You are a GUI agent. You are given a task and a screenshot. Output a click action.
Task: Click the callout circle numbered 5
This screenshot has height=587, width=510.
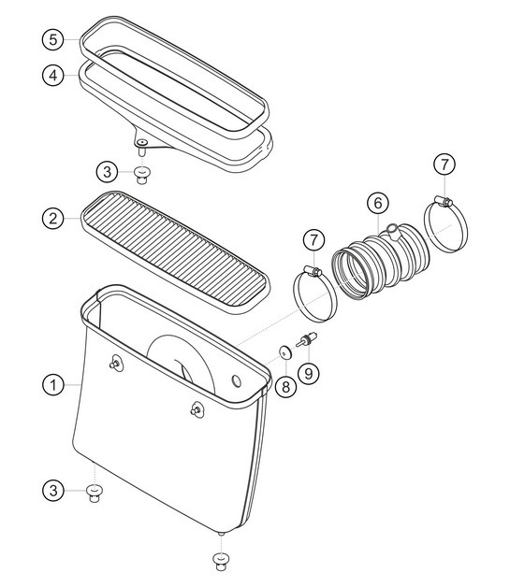click(x=52, y=40)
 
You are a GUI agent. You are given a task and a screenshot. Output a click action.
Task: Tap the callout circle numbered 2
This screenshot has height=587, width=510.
click(x=52, y=219)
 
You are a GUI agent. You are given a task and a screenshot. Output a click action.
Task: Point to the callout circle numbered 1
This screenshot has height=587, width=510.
click(x=52, y=383)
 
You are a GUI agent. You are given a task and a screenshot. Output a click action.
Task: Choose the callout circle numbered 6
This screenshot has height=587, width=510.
click(x=377, y=203)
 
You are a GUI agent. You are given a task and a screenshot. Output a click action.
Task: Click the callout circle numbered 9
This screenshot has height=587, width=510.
click(x=309, y=373)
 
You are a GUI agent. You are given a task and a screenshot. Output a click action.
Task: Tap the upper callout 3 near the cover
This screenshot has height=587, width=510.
click(x=109, y=171)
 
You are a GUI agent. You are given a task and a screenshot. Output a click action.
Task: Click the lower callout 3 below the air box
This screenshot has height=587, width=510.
click(x=53, y=490)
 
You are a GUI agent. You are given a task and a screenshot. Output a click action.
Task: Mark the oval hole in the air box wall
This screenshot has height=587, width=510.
click(x=236, y=381)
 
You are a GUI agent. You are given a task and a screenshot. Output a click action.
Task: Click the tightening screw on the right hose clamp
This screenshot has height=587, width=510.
click(x=445, y=200)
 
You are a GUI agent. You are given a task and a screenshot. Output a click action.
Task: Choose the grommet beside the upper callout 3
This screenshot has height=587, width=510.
click(x=141, y=172)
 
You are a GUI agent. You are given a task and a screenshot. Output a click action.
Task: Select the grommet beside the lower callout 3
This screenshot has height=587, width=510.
click(x=94, y=493)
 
